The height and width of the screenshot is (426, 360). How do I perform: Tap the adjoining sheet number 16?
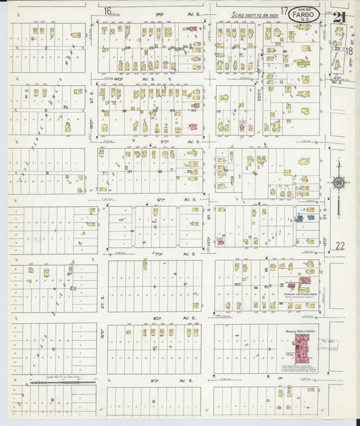click(x=108, y=10)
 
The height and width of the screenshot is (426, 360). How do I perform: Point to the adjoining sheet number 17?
click(x=285, y=11)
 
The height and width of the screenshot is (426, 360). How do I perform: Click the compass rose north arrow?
click(x=337, y=181)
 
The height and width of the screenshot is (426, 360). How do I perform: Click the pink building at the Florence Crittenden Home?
click(x=303, y=280)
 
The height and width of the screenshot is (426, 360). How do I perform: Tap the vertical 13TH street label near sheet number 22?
click(x=325, y=242)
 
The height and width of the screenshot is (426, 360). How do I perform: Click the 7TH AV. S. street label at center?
click(x=160, y=254)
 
